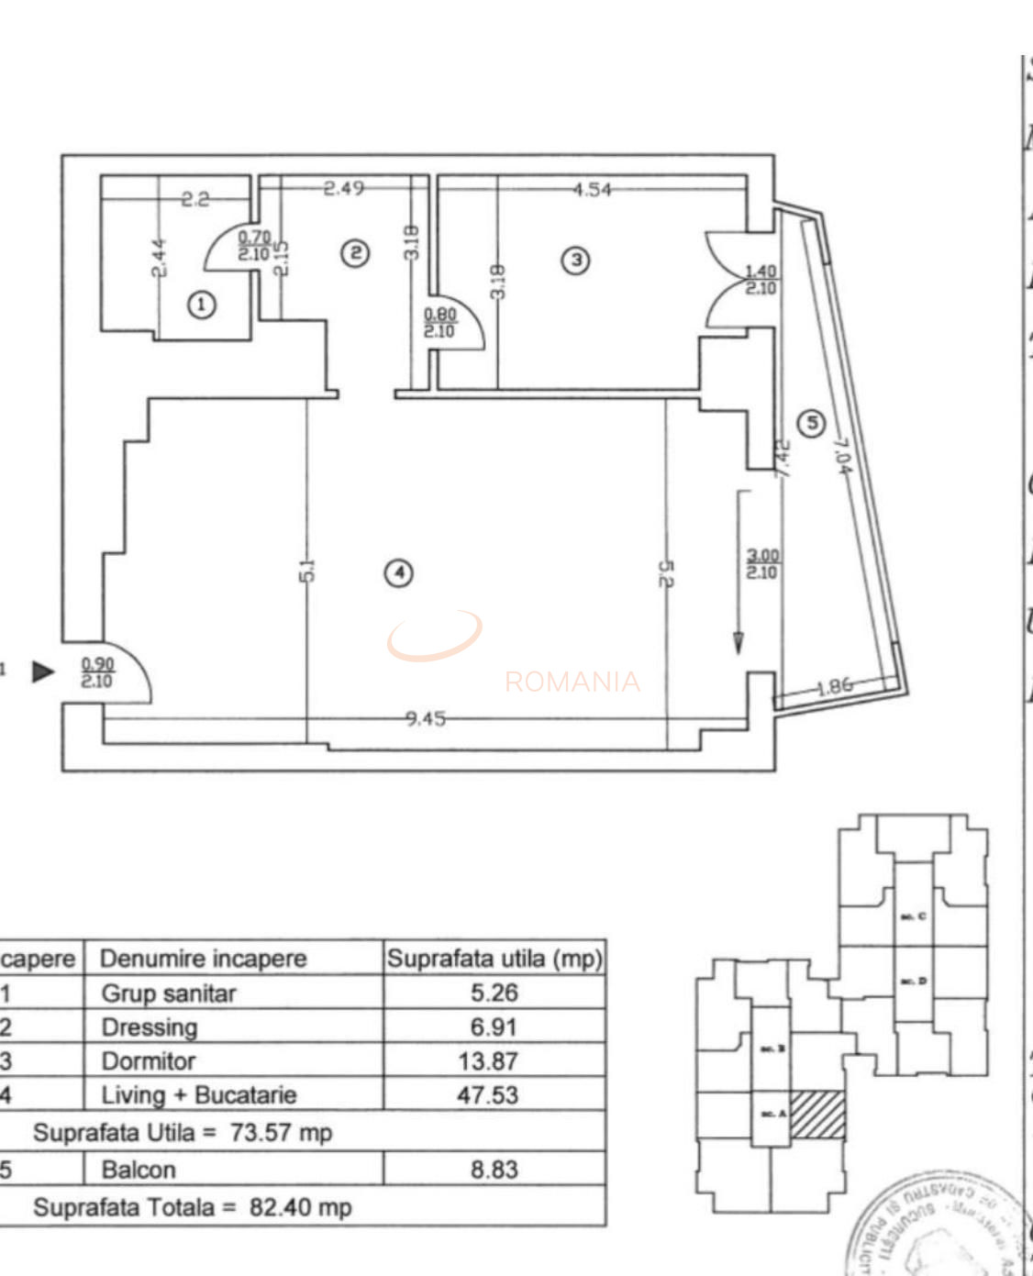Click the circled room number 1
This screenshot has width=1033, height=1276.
pos(202,305)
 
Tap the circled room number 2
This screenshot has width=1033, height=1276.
pos(355,253)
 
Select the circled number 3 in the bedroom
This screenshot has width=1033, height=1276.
pos(576,260)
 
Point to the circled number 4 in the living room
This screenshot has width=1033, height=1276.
pos(399,573)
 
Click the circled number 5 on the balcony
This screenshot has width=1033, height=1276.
pos(811,423)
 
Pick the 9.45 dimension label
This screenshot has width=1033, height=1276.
pos(426,718)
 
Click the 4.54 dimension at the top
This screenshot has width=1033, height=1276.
pos(592,190)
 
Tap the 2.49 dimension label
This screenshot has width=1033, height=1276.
pos(344,189)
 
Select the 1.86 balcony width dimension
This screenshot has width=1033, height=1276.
pos(834,685)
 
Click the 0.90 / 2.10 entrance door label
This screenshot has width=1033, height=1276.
pos(97,672)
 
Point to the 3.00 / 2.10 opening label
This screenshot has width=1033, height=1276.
pos(761,563)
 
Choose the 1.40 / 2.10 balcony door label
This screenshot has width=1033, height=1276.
pos(761,280)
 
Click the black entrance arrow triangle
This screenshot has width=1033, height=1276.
pos(42,671)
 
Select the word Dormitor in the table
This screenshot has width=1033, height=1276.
pos(148,1061)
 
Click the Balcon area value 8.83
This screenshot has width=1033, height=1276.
pos(494,1170)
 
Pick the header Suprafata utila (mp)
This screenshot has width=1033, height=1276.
pos(494,959)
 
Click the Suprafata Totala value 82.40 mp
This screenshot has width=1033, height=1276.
pos(300,1207)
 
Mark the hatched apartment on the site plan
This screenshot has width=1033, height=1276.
pos(817,1115)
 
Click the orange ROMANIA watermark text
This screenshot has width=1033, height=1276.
pos(572,682)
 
